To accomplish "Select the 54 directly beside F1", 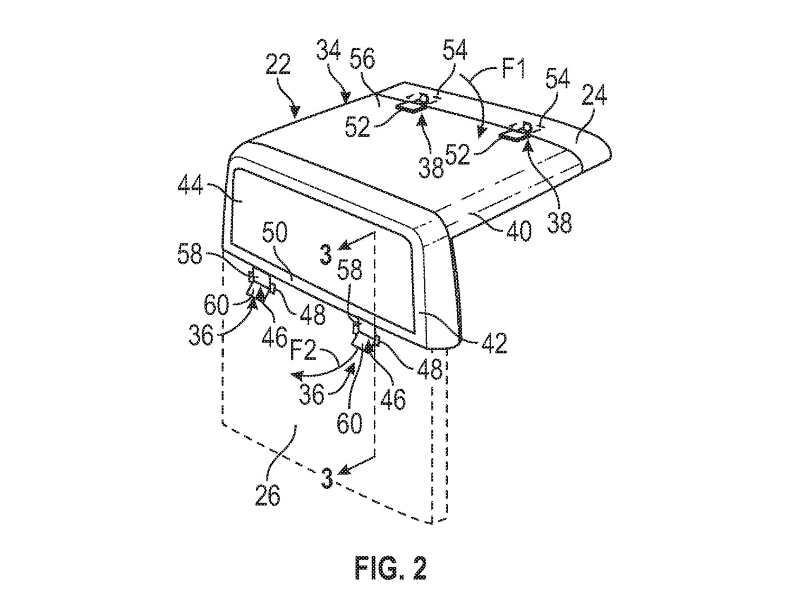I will pyautogui.click(x=455, y=54).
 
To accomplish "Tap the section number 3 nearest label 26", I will pyautogui.click(x=328, y=479).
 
